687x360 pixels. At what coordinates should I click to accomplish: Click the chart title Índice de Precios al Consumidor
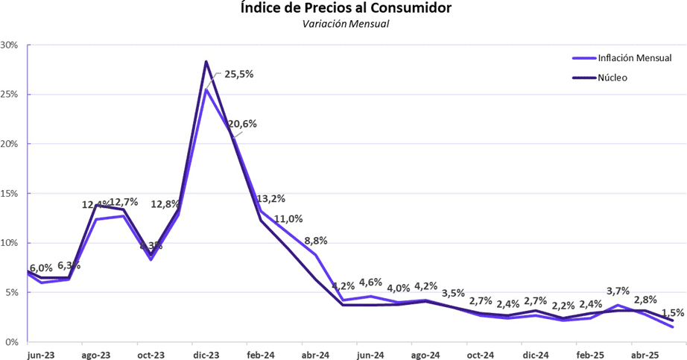(x=346, y=9)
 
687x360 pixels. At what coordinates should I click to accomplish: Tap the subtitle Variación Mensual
(x=346, y=25)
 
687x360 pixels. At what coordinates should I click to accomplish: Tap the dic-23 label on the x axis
(x=206, y=355)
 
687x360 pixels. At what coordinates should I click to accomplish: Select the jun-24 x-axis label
(x=370, y=355)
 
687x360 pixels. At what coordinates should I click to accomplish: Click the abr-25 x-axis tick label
(x=645, y=355)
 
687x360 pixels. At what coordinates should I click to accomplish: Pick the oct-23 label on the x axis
(x=151, y=355)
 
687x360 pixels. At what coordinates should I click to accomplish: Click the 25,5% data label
(x=238, y=74)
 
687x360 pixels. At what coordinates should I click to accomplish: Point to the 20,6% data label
(x=242, y=124)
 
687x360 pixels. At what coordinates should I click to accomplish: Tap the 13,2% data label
(x=270, y=199)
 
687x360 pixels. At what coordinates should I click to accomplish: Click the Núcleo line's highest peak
(x=206, y=61)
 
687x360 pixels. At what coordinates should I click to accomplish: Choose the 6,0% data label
(x=41, y=268)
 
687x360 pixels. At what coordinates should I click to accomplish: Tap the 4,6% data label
(x=370, y=282)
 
